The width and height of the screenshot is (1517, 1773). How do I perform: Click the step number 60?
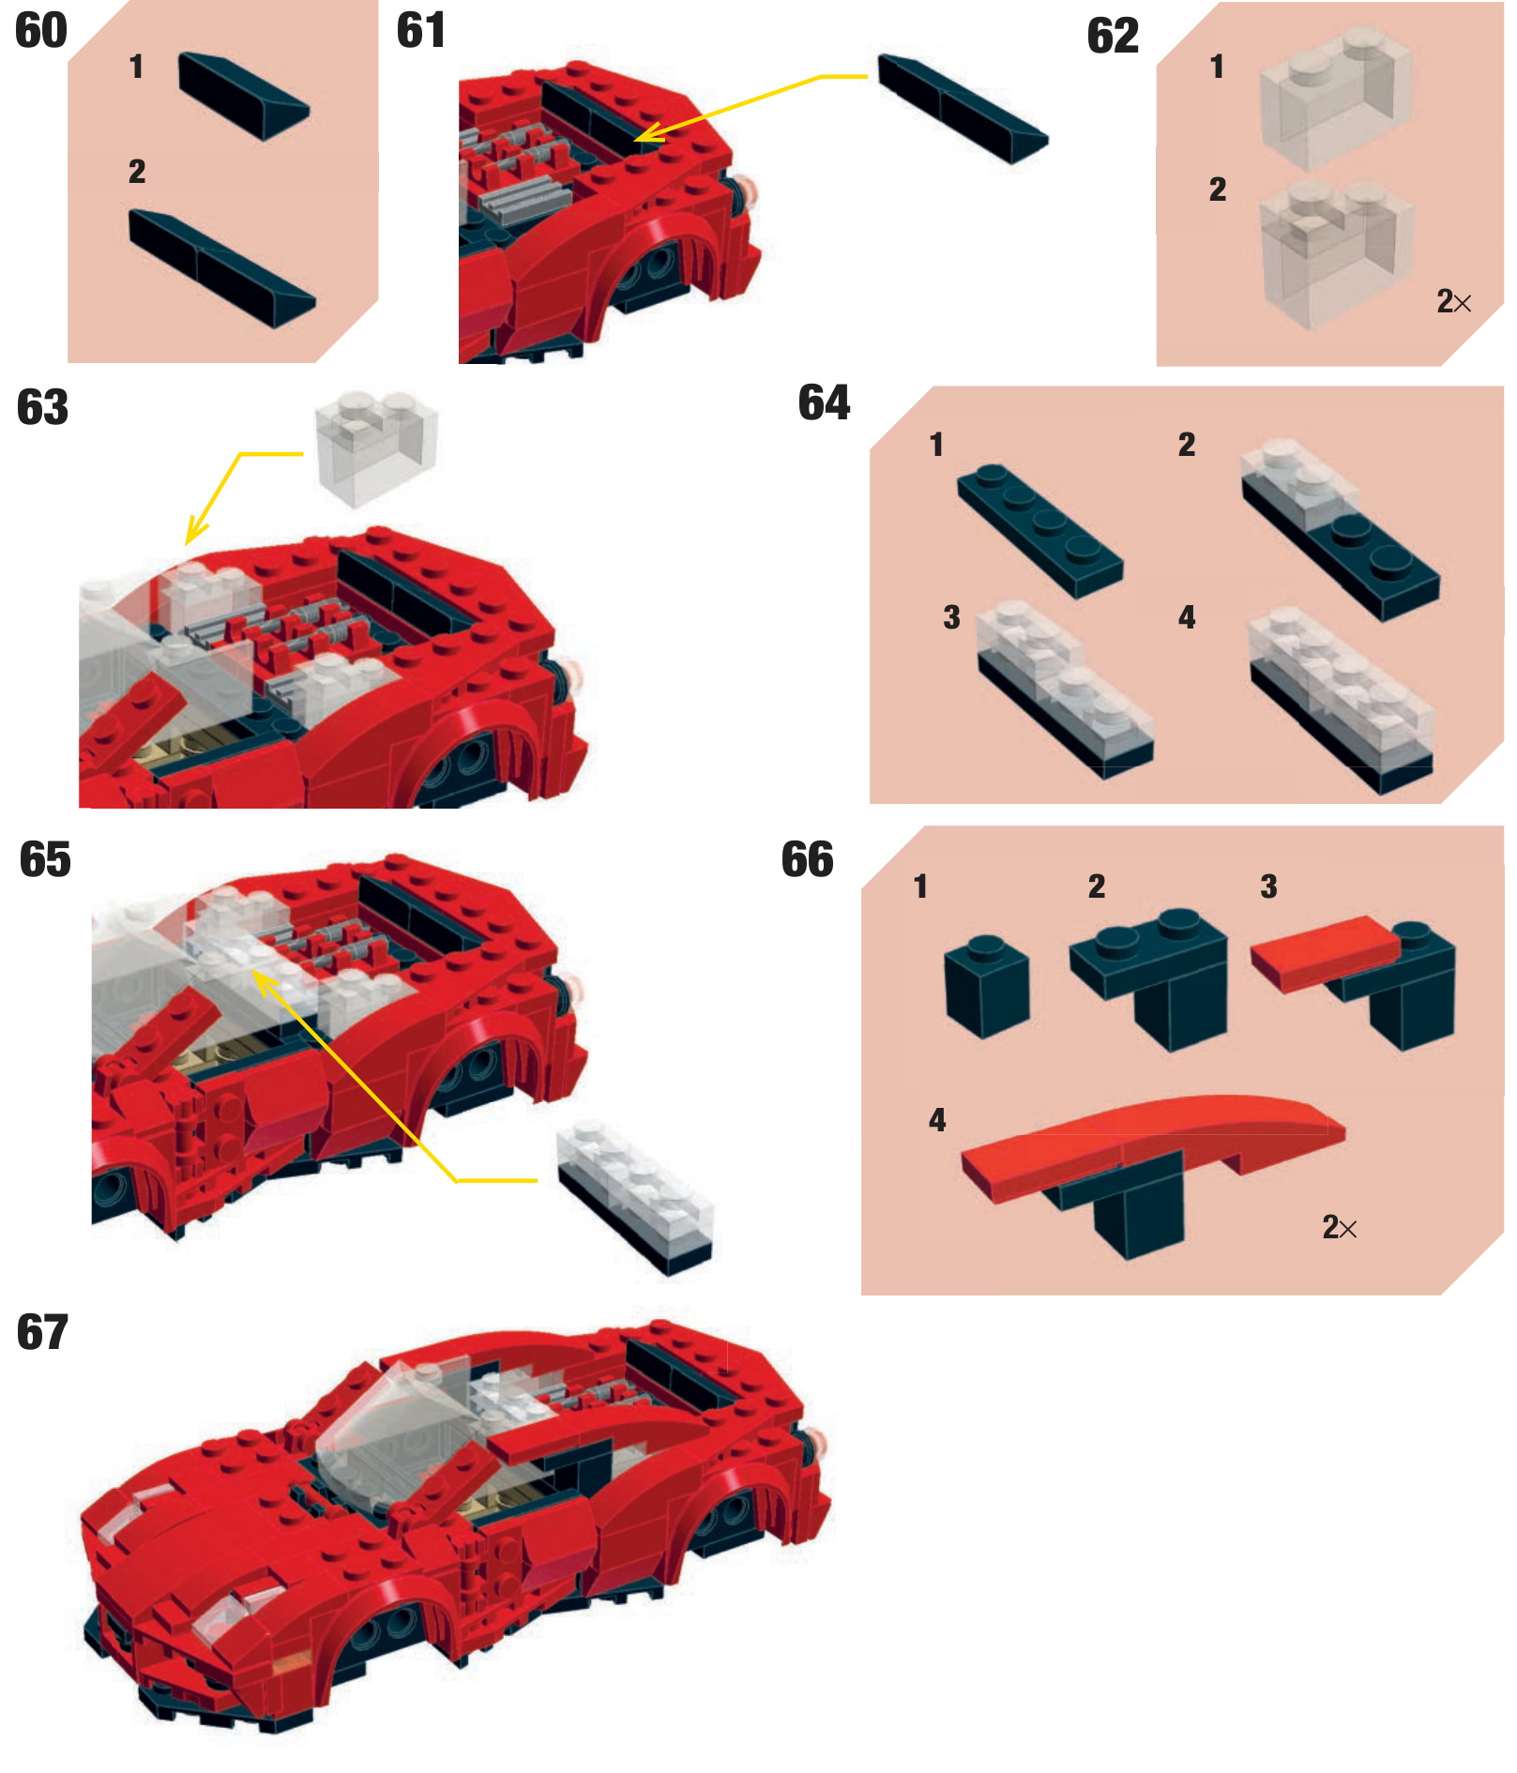point(41,31)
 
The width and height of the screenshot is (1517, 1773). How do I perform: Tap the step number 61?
point(421,30)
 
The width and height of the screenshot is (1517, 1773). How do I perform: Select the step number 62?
point(1113,37)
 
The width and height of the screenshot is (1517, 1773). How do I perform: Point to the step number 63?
point(43,407)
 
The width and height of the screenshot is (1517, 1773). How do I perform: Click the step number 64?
point(824,403)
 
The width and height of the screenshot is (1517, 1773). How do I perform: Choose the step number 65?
point(45,859)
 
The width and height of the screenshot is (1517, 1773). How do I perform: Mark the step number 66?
point(808,859)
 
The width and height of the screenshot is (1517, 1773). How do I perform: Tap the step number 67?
point(43,1332)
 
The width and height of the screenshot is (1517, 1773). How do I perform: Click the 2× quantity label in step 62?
point(1453,301)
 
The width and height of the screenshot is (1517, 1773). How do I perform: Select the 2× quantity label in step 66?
point(1339,1227)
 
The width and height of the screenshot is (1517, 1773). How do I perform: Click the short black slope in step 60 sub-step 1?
point(244,96)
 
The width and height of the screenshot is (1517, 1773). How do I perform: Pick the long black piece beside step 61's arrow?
point(963,109)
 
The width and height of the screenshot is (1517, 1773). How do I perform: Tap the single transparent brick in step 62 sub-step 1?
point(1336,98)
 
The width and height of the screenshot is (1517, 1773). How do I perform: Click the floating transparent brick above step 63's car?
point(377,448)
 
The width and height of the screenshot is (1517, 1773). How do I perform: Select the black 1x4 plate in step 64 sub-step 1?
point(1039,530)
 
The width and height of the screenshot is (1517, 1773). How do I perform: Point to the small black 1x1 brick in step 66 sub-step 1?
point(986,987)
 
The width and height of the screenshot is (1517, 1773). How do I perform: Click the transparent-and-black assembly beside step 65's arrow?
point(635,1196)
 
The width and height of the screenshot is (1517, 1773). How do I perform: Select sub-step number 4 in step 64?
point(1187,617)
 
